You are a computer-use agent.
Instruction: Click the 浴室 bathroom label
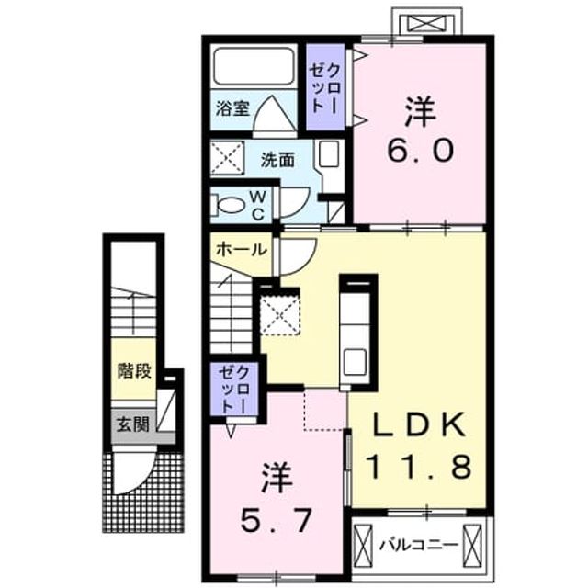point(232,108)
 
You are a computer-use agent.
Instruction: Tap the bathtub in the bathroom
point(254,66)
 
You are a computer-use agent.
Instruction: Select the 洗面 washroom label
point(277,160)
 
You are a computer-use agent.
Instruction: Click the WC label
point(257,205)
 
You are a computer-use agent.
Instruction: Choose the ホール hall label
point(242,249)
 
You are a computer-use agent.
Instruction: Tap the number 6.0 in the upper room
point(421,150)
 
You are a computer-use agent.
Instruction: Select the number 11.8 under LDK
point(419,466)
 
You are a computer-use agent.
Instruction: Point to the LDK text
point(420,424)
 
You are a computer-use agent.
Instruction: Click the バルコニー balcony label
point(419,545)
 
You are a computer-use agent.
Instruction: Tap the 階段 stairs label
point(134,371)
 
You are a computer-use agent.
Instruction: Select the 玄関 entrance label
point(132,424)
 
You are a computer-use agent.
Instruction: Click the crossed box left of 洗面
point(227,157)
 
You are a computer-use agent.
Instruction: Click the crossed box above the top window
point(426,23)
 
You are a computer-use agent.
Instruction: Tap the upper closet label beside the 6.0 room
point(325,88)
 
